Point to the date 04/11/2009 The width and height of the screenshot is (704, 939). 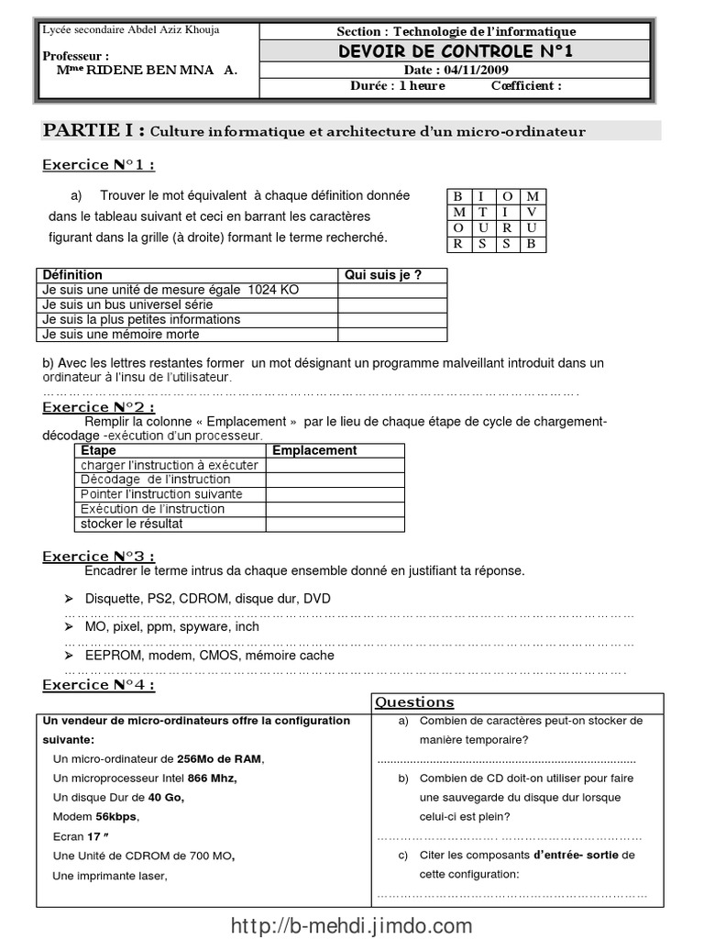tap(477, 70)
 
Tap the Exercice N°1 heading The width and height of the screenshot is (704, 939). tap(99, 165)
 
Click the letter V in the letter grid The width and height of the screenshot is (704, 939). tap(533, 212)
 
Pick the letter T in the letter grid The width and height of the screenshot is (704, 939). tap(481, 212)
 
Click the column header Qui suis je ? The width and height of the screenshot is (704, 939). tap(381, 274)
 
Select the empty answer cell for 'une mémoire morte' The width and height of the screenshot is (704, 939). tap(391, 335)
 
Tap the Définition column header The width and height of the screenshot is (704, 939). tap(72, 274)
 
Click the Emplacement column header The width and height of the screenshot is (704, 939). tap(314, 450)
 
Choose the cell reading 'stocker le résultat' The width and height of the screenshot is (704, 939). tap(132, 524)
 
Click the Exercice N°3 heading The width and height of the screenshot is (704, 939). tap(99, 556)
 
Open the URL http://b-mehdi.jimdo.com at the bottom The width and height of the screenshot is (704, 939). tap(352, 924)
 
